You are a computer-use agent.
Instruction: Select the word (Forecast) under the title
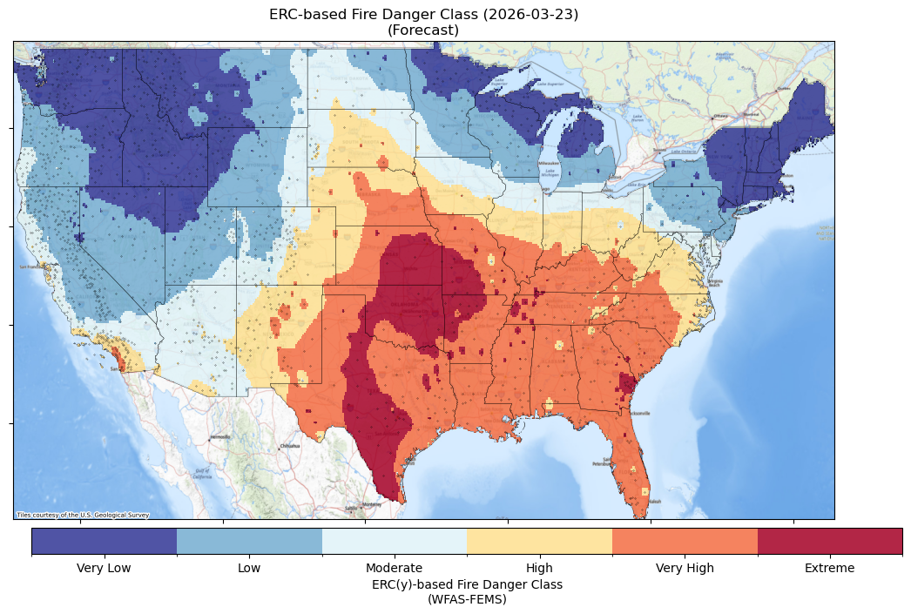423,30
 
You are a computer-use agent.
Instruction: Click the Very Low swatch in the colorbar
105,541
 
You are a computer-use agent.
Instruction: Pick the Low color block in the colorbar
249,541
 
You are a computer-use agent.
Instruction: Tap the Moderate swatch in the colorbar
394,541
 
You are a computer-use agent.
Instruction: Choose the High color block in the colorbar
539,541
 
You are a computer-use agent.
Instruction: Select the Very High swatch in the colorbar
685,541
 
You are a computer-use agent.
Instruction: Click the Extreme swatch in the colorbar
829,541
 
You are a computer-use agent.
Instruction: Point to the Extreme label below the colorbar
829,569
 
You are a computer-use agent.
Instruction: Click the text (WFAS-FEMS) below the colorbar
467,599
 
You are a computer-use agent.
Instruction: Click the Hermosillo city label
219,437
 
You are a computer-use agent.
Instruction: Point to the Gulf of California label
201,475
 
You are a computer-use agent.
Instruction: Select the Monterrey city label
372,504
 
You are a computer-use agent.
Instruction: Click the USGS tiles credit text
83,515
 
